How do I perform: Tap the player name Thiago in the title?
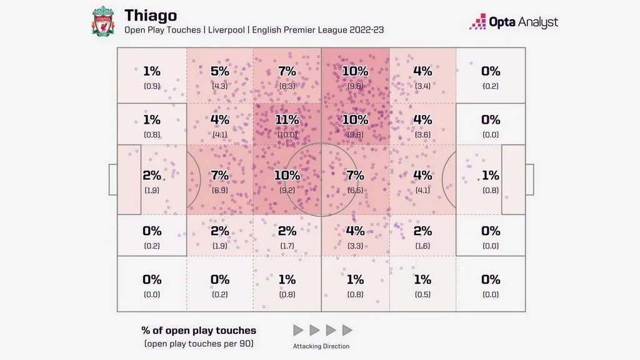click(150, 14)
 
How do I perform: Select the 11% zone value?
click(287, 119)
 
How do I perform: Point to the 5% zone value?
click(219, 71)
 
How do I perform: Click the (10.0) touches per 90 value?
click(287, 133)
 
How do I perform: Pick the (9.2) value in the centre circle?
click(287, 189)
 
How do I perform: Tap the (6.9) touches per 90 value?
click(219, 189)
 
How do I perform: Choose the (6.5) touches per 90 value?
click(354, 189)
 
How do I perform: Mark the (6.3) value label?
click(287, 86)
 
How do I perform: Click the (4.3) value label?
click(219, 86)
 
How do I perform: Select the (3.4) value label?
click(422, 86)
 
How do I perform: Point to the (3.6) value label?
click(422, 133)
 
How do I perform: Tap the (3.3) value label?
click(354, 246)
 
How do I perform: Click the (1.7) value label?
click(287, 246)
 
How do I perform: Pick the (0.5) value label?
click(422, 294)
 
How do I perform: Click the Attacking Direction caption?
click(321, 346)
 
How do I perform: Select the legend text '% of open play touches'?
click(199, 331)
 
